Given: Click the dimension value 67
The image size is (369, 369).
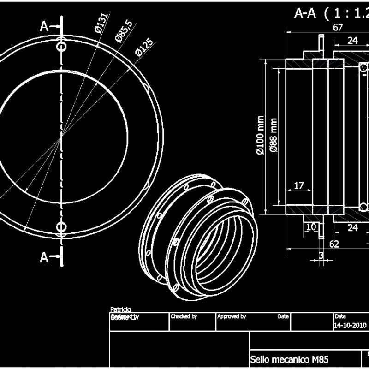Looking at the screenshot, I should point(338,27).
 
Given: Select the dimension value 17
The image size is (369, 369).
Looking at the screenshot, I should point(299,185).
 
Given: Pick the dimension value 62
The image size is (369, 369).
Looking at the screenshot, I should point(334,244).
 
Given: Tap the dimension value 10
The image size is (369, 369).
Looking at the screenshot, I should point(311,227).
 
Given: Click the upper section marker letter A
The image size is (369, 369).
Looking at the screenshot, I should point(44,26).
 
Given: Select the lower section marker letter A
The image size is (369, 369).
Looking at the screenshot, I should point(44,257).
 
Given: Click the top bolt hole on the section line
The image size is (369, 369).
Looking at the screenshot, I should point(61,47).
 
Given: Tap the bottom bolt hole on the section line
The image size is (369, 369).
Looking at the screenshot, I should point(61,226).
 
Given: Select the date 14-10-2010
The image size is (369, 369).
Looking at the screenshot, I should point(350,325).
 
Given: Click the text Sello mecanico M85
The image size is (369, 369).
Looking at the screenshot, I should point(289,359).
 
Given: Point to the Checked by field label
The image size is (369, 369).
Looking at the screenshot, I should point(184,316).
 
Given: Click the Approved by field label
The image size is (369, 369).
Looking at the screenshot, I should point(232,316).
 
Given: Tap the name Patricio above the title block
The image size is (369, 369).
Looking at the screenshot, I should point(120,309).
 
